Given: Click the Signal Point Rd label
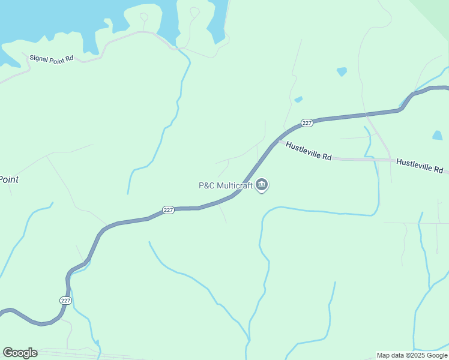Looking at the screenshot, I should tap(51, 59).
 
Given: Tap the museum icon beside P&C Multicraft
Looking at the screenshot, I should tap(262, 185).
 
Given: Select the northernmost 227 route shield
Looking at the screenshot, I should tap(307, 122).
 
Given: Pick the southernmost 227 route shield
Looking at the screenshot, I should tap(65, 300).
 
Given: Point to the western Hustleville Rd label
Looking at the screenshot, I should tap(309, 151).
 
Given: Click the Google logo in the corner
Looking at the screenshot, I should tap(20, 353).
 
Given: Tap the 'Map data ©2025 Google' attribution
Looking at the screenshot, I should tap(412, 355).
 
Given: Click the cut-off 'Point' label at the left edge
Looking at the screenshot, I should tap(8, 179).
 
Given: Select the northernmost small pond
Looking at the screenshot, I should tap(342, 71).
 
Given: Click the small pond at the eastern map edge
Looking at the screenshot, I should tap(437, 136).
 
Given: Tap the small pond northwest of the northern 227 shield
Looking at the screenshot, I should tap(298, 100).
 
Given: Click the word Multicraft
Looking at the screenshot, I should tap(235, 185).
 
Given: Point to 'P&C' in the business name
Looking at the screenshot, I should tap(207, 185).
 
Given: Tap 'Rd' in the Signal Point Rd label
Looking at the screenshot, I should tap(69, 59).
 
